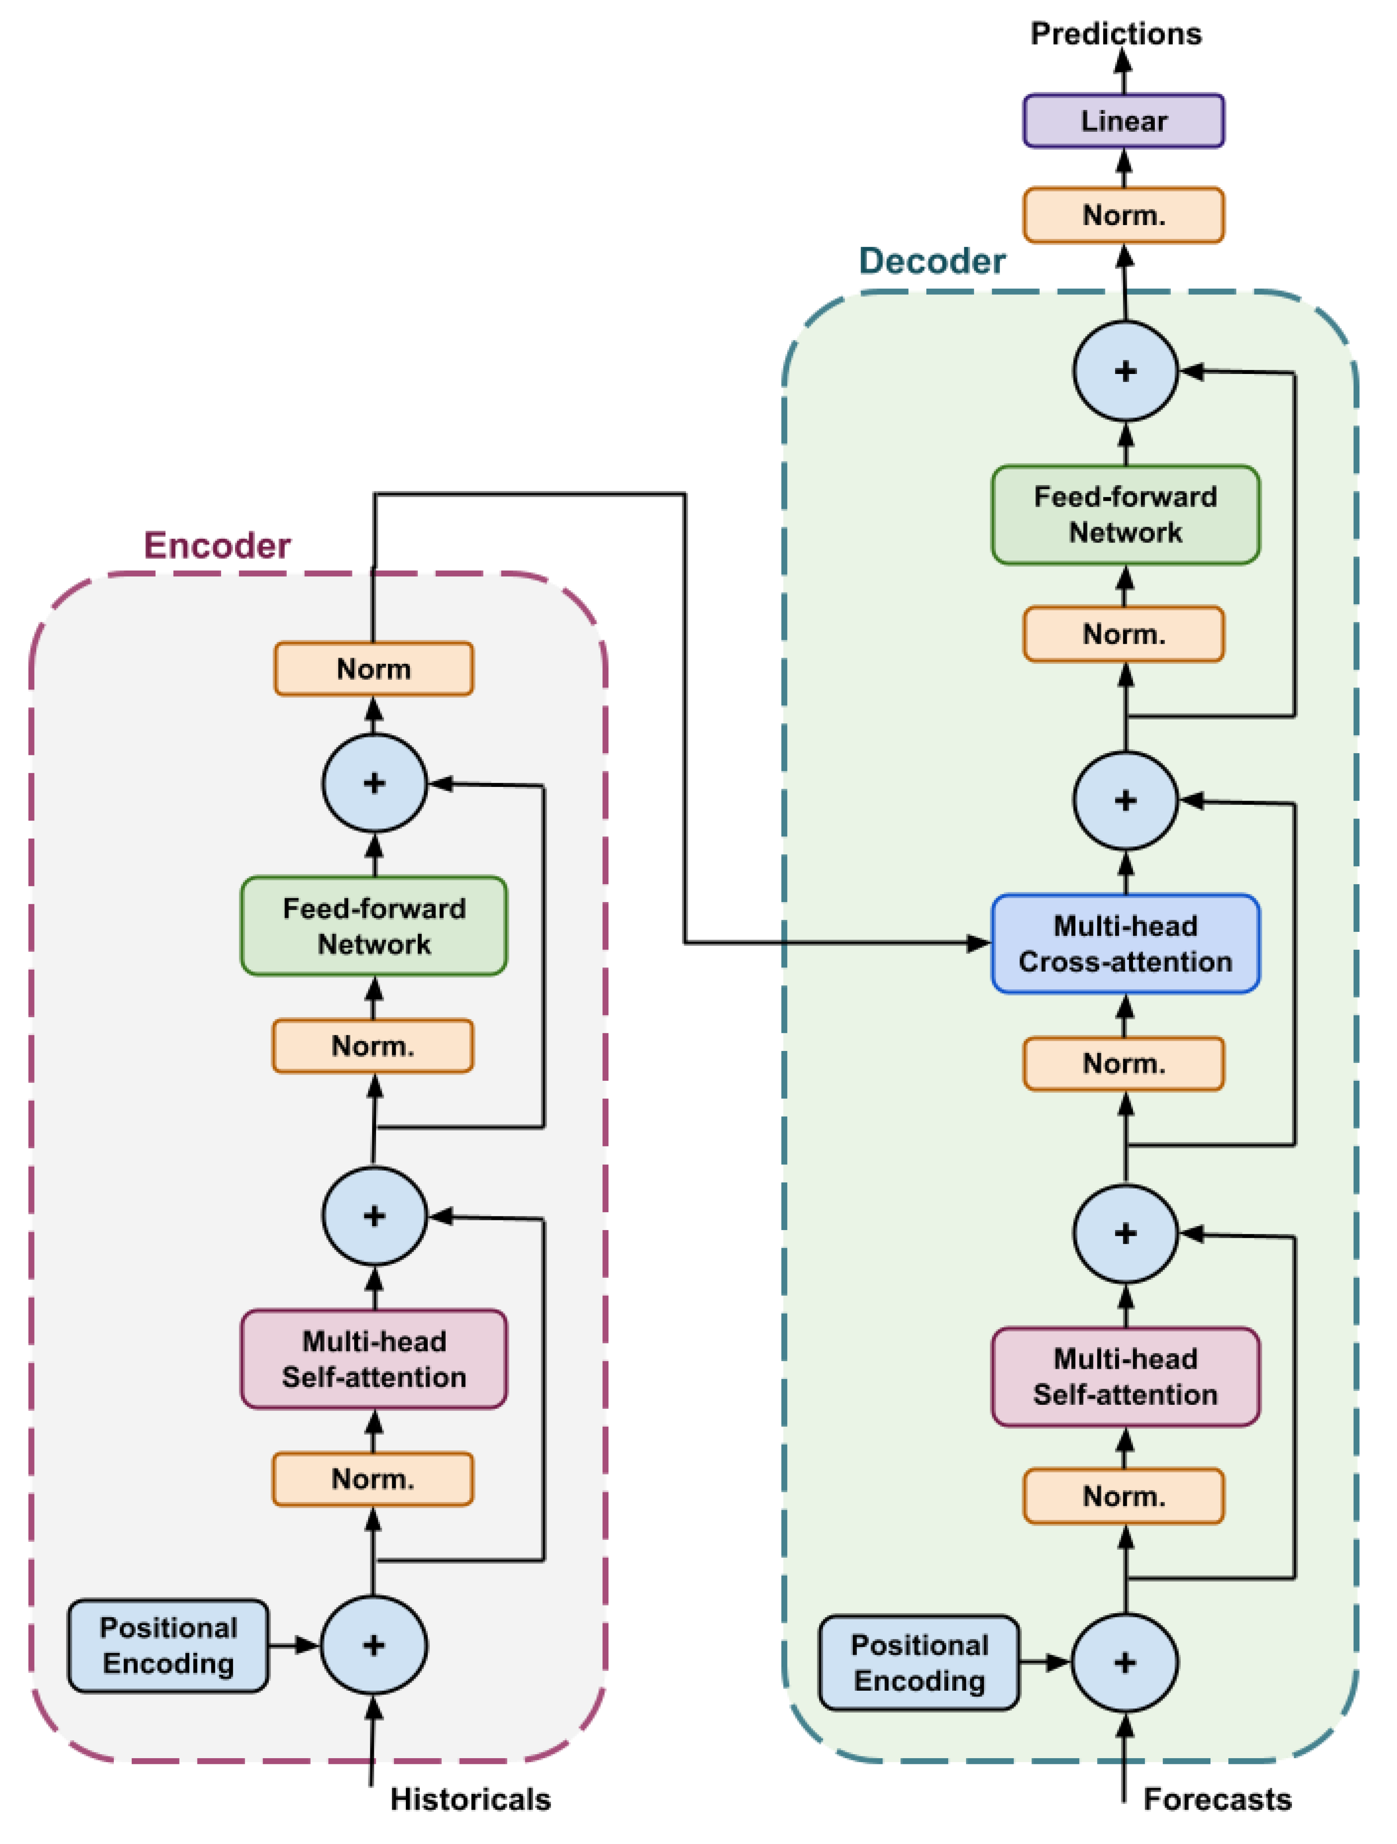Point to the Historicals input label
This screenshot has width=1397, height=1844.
[x=470, y=1799]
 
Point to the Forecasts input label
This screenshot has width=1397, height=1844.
[x=1217, y=1799]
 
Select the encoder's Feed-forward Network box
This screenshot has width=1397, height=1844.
[x=373, y=926]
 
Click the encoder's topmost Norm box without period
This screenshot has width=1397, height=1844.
[x=373, y=669]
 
